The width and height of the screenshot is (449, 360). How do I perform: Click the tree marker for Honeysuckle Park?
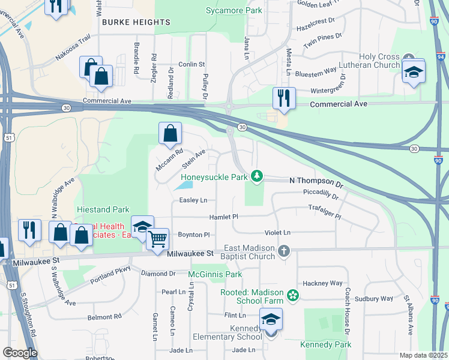pos(257,175)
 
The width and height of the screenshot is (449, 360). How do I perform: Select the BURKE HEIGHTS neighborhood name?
pos(136,22)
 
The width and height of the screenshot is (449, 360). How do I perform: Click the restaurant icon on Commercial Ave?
pos(283,98)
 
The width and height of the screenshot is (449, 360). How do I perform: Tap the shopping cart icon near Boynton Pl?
pos(158,239)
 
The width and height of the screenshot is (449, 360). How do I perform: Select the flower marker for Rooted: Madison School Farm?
pos(292,295)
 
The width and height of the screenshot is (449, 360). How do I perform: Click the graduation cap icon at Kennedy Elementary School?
pos(271,319)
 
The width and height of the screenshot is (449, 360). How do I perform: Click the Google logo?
pos(20,352)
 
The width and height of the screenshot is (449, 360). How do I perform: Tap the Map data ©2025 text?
pos(423,355)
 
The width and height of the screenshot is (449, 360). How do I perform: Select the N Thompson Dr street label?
pos(316,180)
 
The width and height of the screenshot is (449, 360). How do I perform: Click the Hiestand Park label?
pos(103,210)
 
